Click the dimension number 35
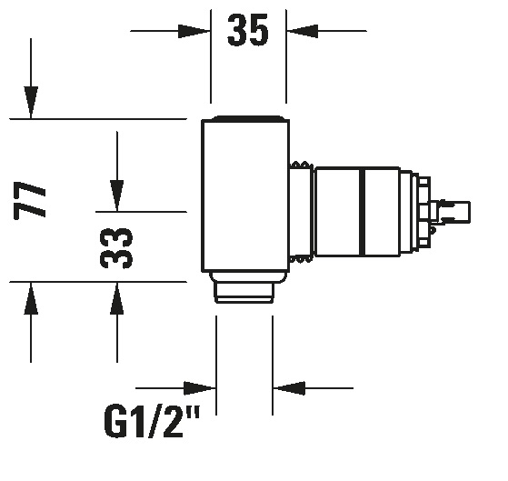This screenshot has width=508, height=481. pos(248,30)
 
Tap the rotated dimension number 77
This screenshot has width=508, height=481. pos(30,201)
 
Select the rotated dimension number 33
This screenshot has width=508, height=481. pos(116,248)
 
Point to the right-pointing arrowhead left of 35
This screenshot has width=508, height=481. pos(194,31)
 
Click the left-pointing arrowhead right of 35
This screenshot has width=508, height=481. pos(302,31)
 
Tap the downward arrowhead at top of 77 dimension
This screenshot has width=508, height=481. pos(31,103)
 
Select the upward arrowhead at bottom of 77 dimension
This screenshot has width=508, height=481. pos(31,298)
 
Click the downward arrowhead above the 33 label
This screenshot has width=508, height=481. pos(117,195)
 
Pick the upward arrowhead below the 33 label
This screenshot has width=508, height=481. pos(117,298)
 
